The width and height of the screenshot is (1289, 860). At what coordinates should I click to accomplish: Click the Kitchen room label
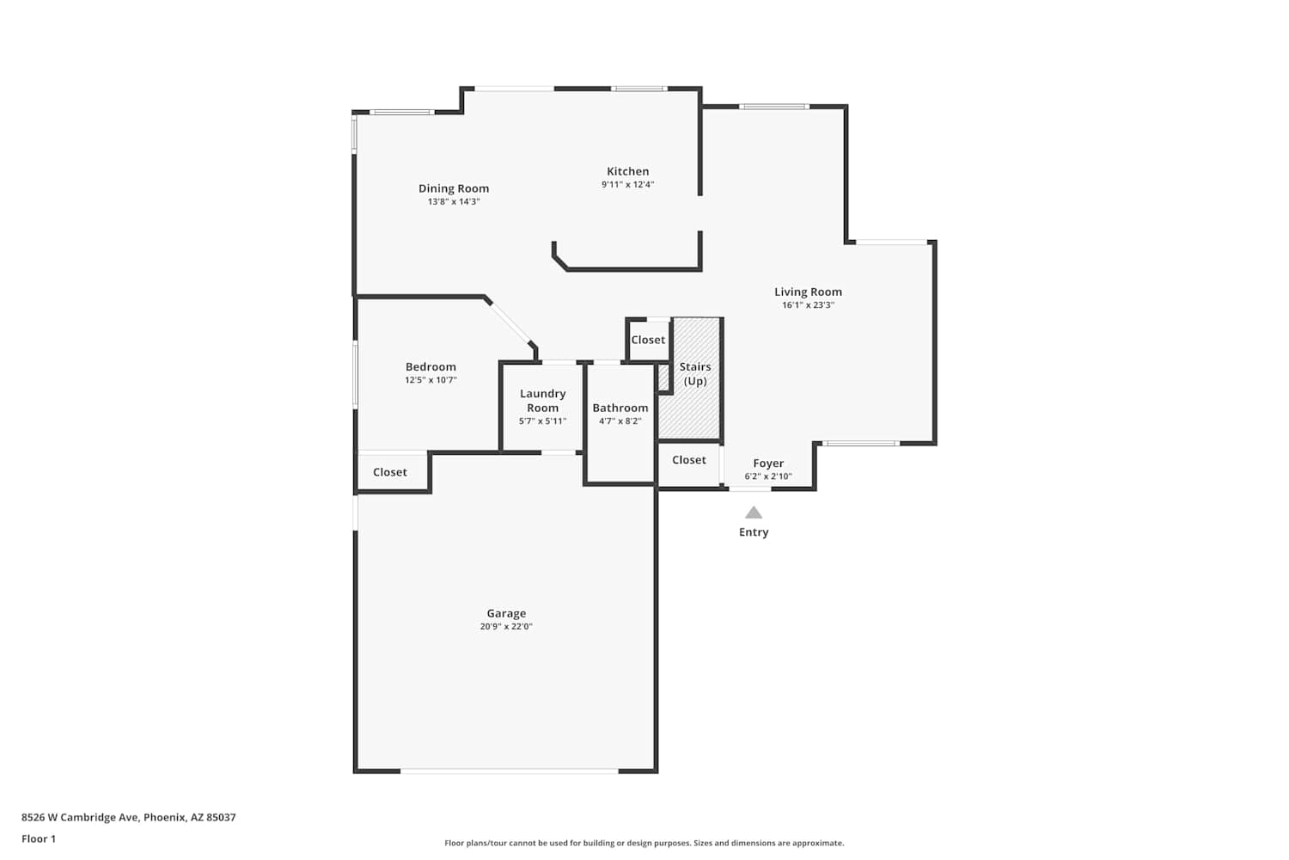pyautogui.click(x=628, y=171)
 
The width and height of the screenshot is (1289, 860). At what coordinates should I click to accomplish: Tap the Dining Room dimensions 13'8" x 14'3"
pyautogui.click(x=454, y=201)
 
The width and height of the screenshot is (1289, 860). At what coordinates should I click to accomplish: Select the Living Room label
pyautogui.click(x=808, y=292)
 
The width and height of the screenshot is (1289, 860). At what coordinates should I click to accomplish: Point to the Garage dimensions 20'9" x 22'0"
pyautogui.click(x=506, y=627)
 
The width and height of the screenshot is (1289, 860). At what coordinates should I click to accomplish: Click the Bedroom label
pyautogui.click(x=431, y=367)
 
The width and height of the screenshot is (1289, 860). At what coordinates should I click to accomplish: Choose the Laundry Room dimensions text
pyautogui.click(x=542, y=421)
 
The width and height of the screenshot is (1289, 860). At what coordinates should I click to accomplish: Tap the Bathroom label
pyautogui.click(x=620, y=408)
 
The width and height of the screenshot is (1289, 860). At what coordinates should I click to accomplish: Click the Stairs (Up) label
pyautogui.click(x=695, y=374)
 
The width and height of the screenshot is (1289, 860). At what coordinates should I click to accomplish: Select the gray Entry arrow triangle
pyautogui.click(x=754, y=513)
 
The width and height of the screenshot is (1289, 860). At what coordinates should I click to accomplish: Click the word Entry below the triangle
pyautogui.click(x=754, y=532)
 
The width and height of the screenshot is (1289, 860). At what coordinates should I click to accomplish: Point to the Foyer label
pyautogui.click(x=768, y=464)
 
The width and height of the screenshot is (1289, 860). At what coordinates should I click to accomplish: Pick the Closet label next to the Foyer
pyautogui.click(x=689, y=459)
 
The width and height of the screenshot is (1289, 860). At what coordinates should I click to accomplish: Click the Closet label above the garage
pyautogui.click(x=389, y=472)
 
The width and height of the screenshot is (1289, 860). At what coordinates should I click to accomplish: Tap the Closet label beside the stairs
pyautogui.click(x=648, y=340)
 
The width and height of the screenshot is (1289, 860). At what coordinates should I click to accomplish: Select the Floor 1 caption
pyautogui.click(x=39, y=839)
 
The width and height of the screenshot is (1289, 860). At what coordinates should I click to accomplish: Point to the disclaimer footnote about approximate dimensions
pyautogui.click(x=644, y=844)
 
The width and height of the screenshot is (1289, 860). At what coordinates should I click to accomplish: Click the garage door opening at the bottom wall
pyautogui.click(x=510, y=771)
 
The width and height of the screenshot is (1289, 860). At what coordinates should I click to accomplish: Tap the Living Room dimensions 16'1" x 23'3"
pyautogui.click(x=808, y=305)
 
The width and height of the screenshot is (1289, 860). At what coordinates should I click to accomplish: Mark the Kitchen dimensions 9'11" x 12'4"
pyautogui.click(x=628, y=185)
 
